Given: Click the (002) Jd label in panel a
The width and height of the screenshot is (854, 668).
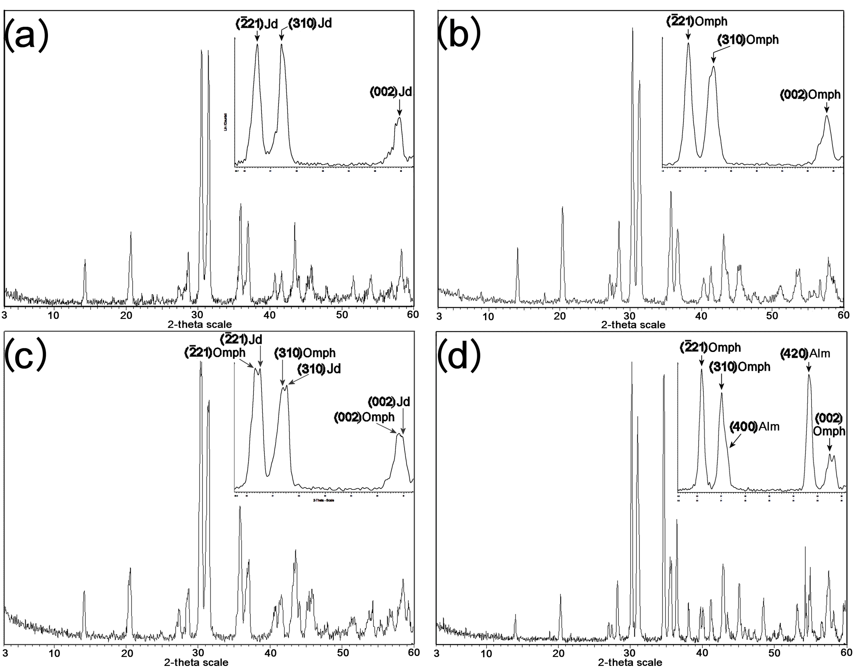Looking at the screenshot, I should point(390,92).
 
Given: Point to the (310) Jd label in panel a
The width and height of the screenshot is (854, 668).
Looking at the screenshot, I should point(310,23).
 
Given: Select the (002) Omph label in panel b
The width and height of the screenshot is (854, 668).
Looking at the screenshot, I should point(810,95).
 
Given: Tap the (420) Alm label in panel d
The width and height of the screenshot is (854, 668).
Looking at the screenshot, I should point(805,353).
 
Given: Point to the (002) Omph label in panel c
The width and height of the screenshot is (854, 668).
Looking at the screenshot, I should point(364,417).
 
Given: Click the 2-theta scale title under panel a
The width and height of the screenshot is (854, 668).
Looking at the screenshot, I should point(200,324).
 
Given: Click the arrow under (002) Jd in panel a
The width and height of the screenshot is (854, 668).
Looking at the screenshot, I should point(399,107).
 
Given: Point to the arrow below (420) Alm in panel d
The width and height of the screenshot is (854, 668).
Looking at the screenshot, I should point(809,366).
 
